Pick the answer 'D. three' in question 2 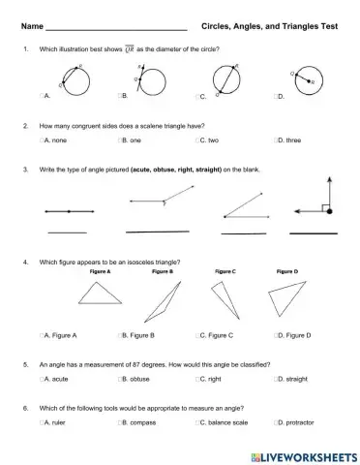287,141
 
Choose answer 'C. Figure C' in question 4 212,335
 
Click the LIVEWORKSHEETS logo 303,453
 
